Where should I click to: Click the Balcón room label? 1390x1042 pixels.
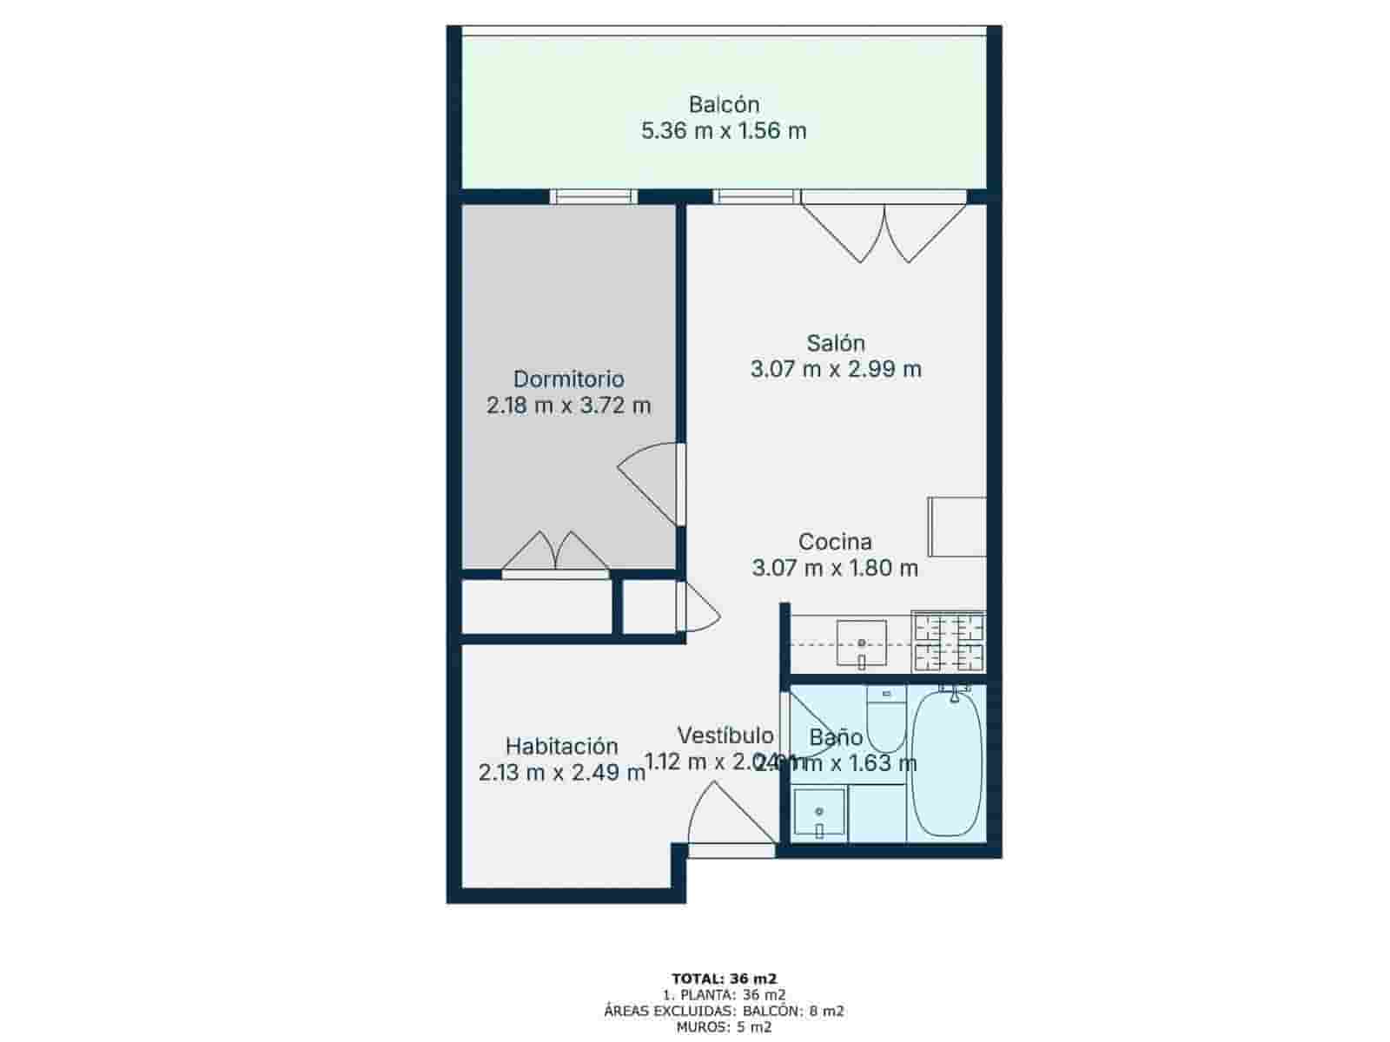click(x=724, y=104)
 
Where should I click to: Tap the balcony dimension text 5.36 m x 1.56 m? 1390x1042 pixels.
click(x=724, y=131)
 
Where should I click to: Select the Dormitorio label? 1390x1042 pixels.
click(x=568, y=379)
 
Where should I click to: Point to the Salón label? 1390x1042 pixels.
click(x=835, y=342)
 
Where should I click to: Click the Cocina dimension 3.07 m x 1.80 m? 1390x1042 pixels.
click(x=835, y=569)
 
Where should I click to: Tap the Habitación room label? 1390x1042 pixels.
click(x=561, y=746)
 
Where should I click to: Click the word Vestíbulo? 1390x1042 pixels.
click(x=725, y=735)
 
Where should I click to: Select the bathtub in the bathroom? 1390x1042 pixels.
click(x=947, y=763)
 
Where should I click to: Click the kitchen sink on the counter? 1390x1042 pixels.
click(x=861, y=643)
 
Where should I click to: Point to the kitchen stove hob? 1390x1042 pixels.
click(x=948, y=643)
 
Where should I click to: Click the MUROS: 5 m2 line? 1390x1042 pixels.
click(x=724, y=1027)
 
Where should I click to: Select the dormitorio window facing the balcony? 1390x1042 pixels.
click(x=595, y=196)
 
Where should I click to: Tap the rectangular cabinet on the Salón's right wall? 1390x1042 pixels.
click(x=956, y=526)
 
